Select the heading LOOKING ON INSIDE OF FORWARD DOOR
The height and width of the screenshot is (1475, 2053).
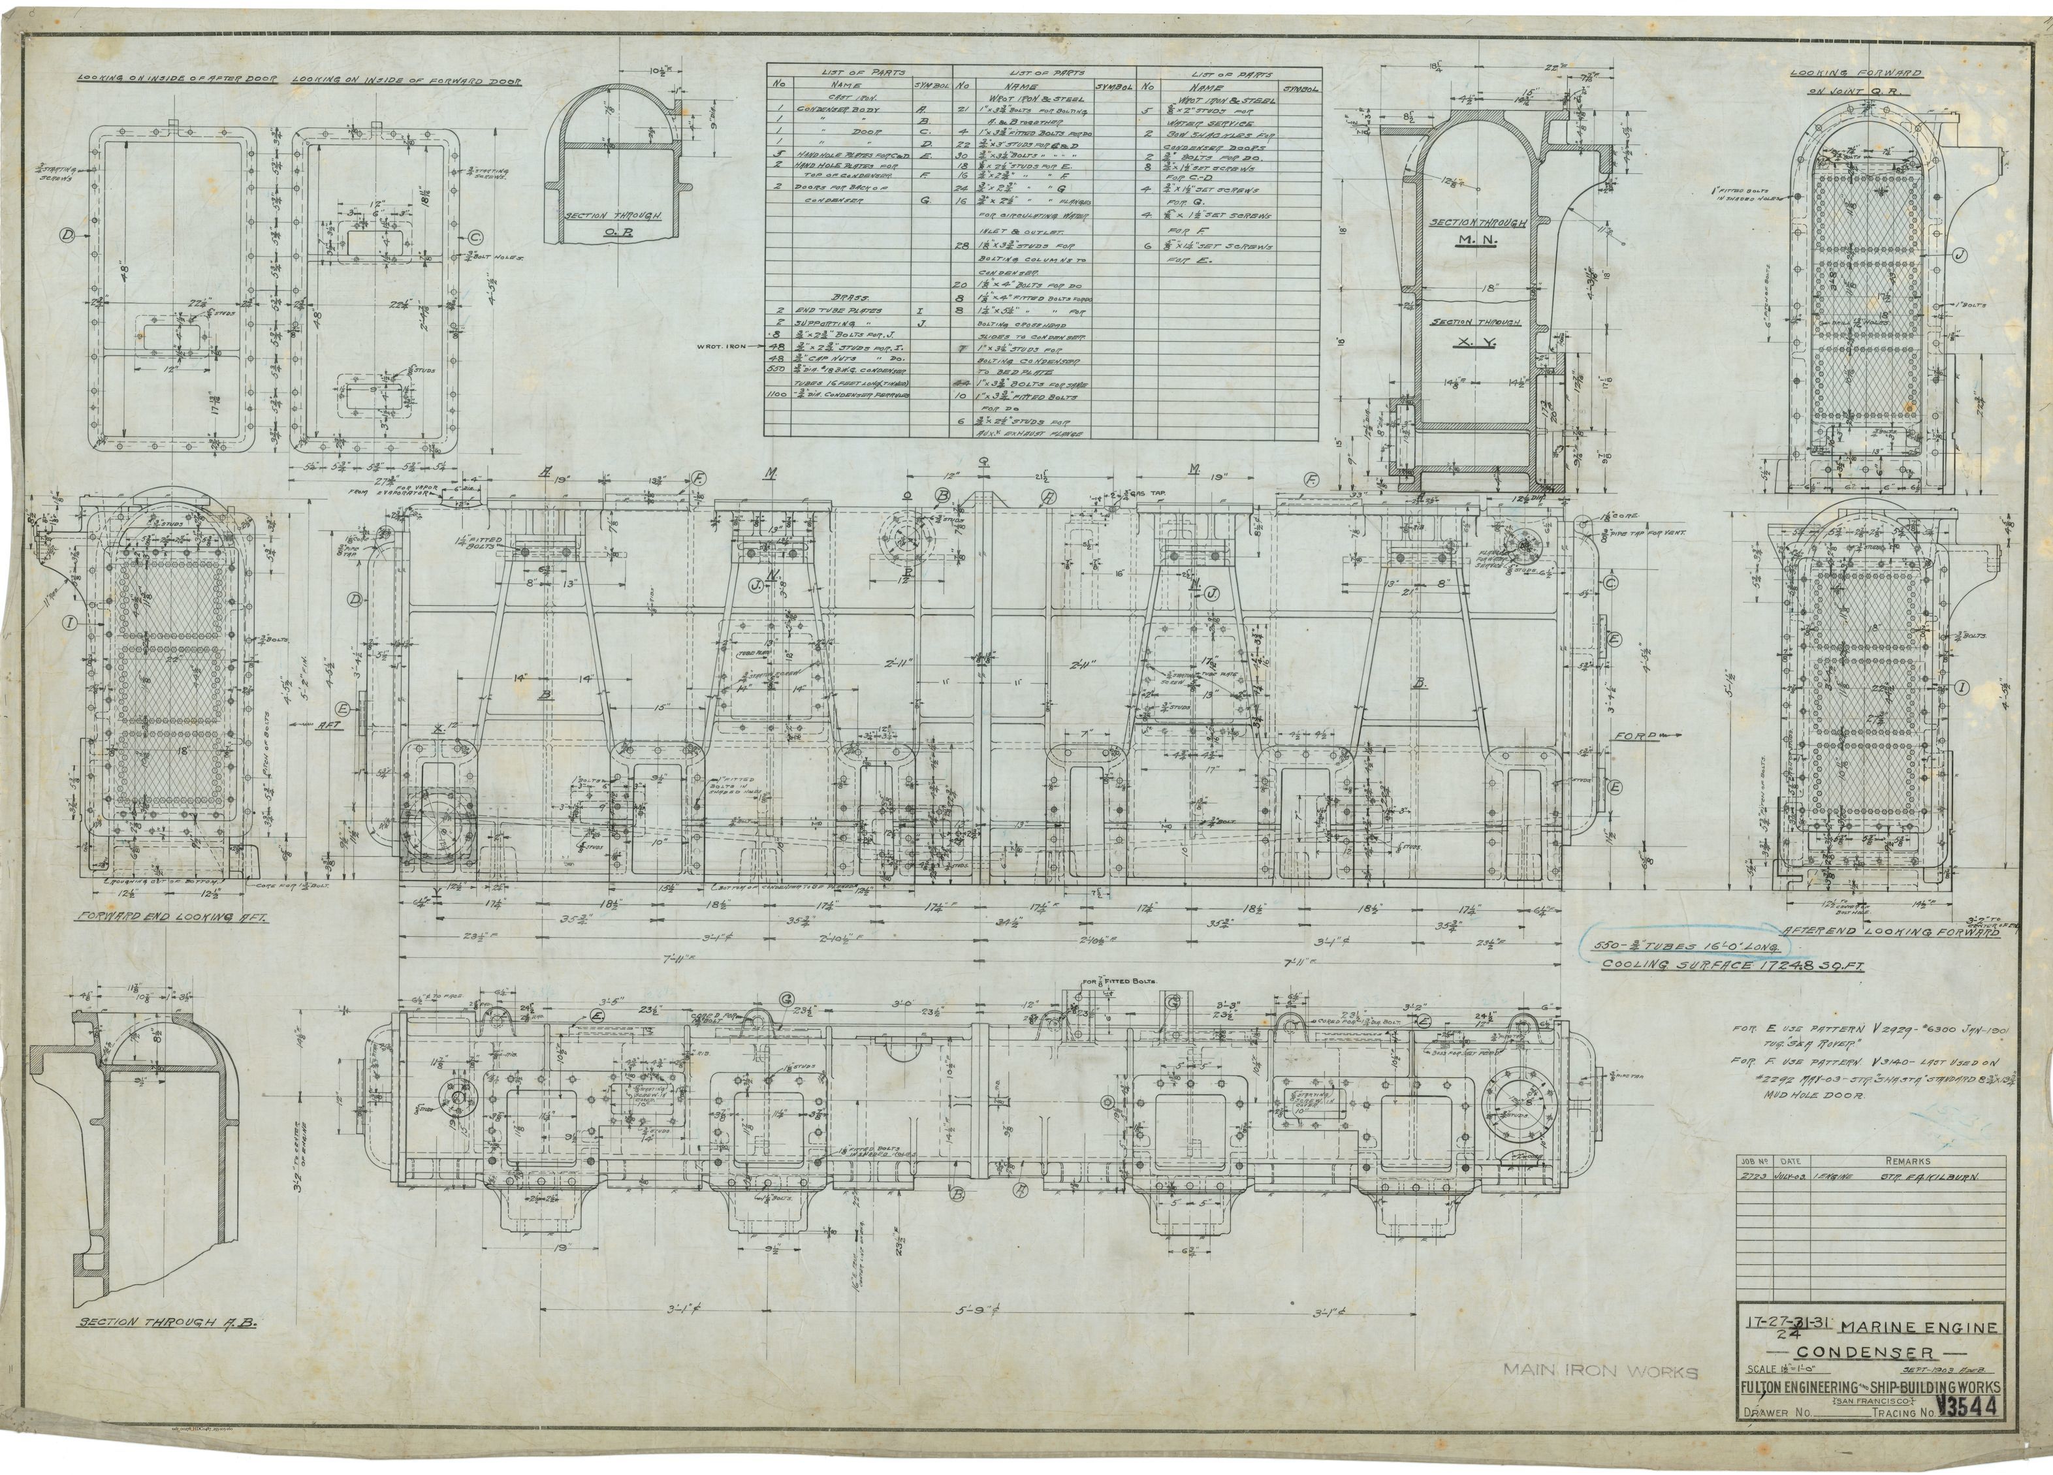(x=406, y=80)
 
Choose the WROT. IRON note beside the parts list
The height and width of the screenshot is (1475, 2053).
(x=724, y=345)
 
